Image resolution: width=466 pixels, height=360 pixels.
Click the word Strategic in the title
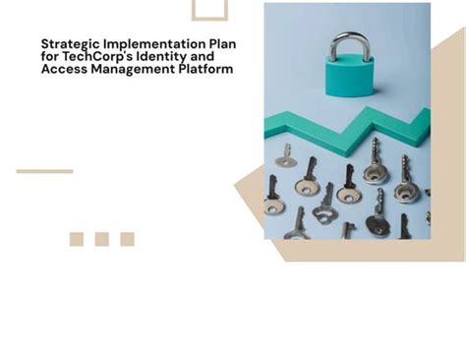(x=67, y=44)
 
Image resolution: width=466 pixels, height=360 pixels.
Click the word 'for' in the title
(x=49, y=57)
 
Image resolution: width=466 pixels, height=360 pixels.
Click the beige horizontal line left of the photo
(x=44, y=171)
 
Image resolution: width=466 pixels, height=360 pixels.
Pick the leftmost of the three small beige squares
(x=77, y=239)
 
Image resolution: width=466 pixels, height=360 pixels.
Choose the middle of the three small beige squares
(x=101, y=239)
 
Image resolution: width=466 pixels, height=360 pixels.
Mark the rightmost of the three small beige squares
(x=127, y=239)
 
